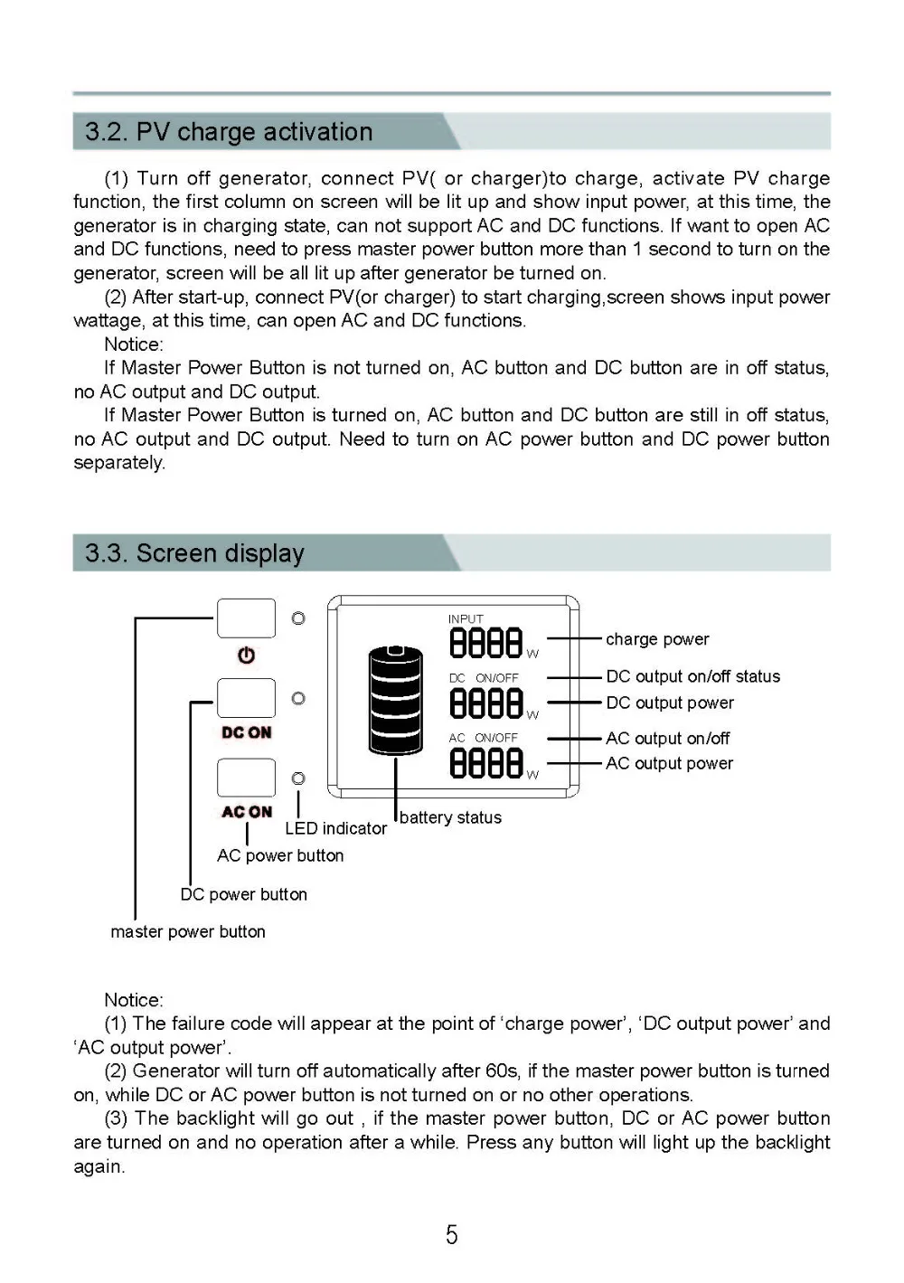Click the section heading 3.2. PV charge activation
229,132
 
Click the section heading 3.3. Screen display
194,553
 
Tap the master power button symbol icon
246,656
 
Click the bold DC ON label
246,732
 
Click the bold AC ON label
246,812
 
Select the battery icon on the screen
395,700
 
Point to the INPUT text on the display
466,619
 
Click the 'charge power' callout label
657,639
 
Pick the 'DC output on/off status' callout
692,676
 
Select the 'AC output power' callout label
669,763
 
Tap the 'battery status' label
450,817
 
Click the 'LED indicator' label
335,828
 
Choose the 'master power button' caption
188,931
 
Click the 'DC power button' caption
243,894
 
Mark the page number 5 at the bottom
452,1235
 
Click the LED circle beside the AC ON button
298,778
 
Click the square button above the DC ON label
246,698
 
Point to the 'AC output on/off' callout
667,739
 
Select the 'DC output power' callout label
670,703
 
